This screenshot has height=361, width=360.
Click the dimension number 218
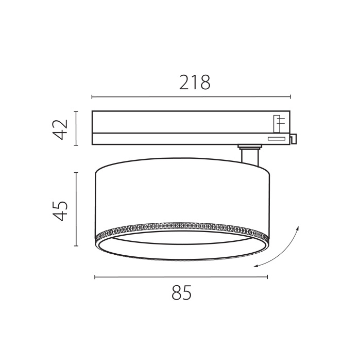point(195,83)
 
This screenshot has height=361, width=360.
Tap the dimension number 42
point(61,129)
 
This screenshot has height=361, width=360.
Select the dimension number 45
point(61,210)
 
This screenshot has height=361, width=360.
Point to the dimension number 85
point(181,293)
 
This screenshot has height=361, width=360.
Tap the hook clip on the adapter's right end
point(294,139)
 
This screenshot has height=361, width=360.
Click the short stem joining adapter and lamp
point(250,155)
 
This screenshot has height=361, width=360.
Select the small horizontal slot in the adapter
point(276,138)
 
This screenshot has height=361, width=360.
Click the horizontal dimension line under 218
point(191,96)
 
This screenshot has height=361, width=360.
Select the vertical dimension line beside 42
point(76,129)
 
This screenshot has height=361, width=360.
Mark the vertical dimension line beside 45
point(76,209)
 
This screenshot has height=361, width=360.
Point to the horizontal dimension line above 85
point(181,277)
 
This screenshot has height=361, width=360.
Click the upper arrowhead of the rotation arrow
point(298,227)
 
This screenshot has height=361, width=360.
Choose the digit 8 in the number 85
point(176,293)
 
